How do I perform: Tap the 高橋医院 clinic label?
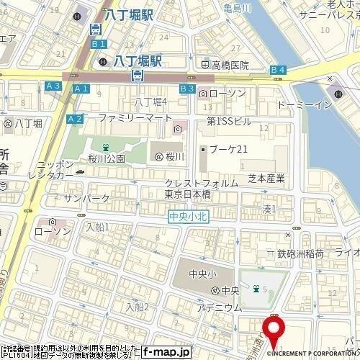point(229,65)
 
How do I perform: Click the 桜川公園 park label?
point(106,158)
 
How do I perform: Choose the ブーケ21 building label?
point(228,149)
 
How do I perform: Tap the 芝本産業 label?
point(267,178)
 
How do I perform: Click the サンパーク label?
point(86,198)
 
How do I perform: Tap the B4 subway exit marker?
point(279,69)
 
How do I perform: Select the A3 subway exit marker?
point(53,86)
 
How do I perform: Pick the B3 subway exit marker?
point(187,88)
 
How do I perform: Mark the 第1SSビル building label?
point(228,121)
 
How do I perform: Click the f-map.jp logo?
point(165,351)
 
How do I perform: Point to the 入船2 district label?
point(136,307)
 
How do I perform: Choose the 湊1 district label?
point(269,209)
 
